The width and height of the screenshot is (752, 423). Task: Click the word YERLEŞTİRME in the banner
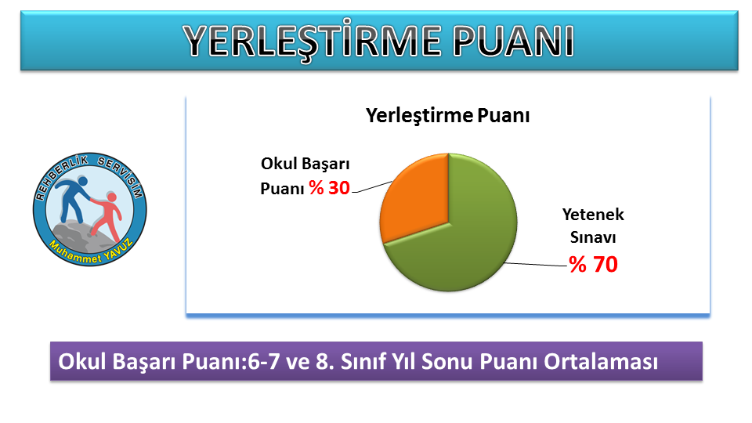(x=312, y=41)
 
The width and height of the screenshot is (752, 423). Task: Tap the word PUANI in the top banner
(x=513, y=41)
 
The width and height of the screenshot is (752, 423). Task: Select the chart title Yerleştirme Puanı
(x=447, y=116)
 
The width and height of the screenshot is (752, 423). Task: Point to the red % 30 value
(x=330, y=188)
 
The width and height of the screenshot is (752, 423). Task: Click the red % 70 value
(x=593, y=264)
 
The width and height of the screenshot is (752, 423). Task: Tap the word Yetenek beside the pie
(x=593, y=215)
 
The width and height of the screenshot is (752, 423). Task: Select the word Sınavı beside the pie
(x=593, y=237)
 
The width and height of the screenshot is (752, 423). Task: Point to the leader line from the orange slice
(x=373, y=187)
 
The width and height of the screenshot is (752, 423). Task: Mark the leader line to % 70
(x=536, y=264)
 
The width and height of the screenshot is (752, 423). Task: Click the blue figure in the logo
(x=73, y=199)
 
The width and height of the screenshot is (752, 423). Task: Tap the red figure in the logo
(x=107, y=216)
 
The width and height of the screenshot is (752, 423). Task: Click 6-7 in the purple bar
(x=262, y=362)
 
